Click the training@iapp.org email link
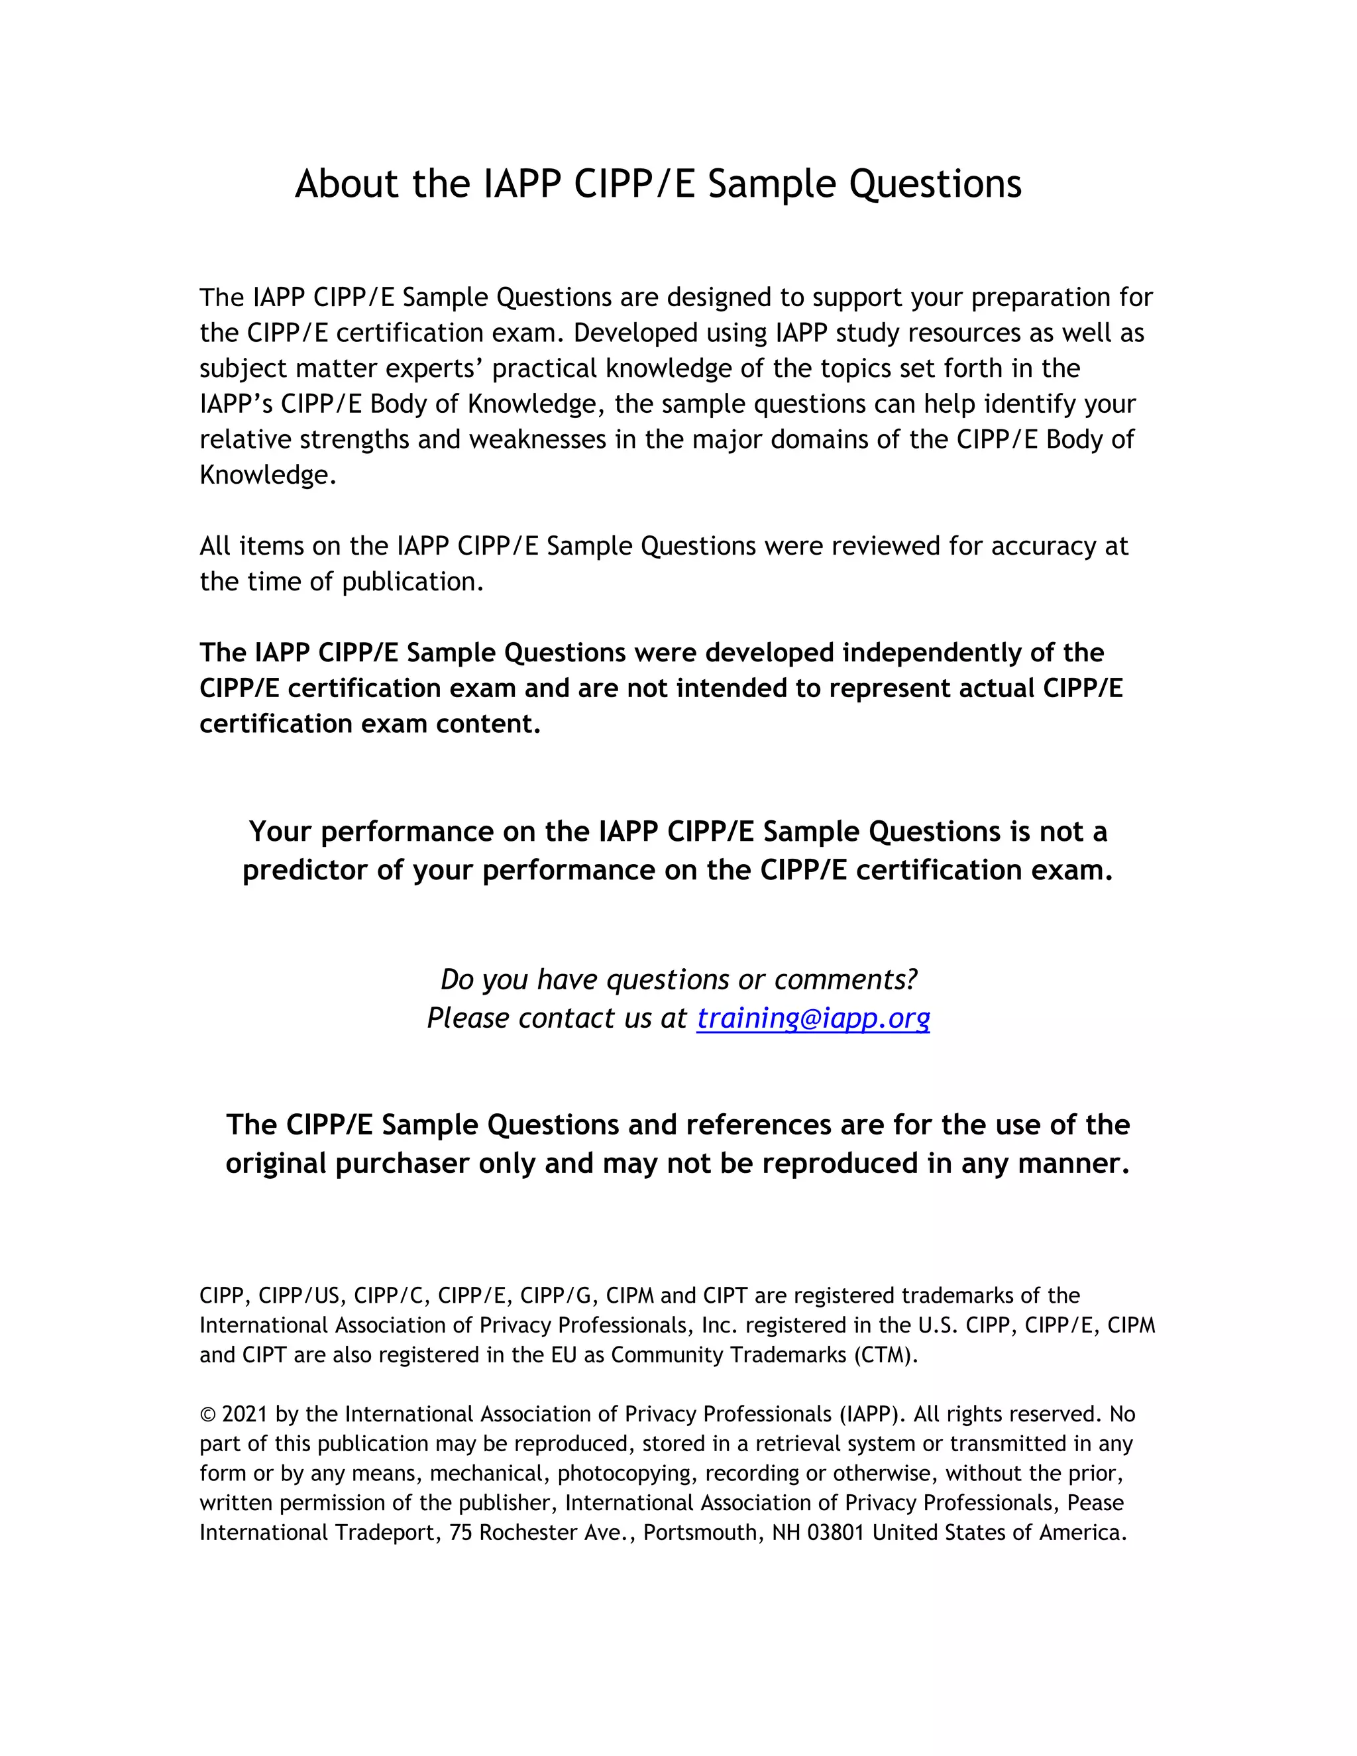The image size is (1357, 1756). [813, 1018]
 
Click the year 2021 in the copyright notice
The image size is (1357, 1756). [244, 1414]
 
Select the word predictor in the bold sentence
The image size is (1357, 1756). [305, 870]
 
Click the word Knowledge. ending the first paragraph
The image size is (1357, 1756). [268, 475]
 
